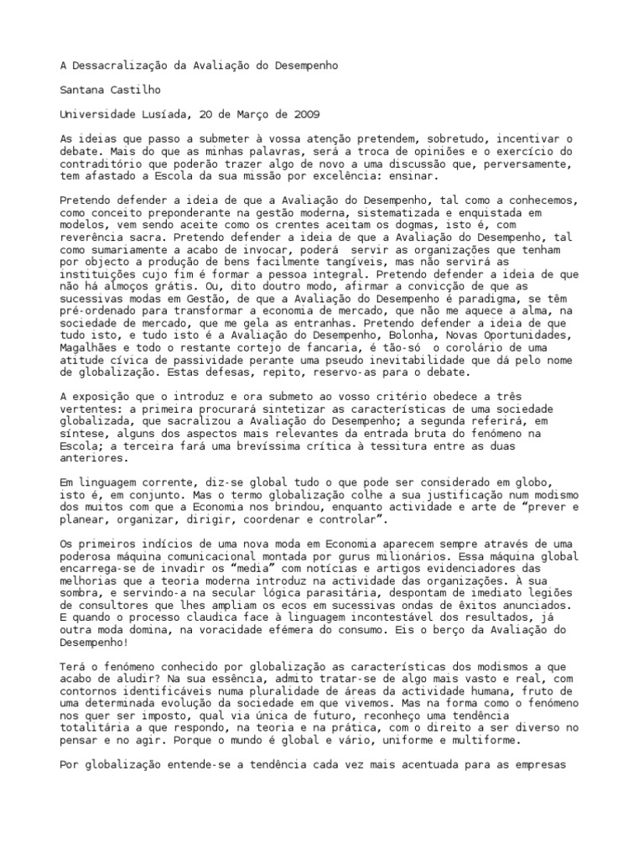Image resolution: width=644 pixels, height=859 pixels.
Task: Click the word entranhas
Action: click(x=337, y=323)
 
